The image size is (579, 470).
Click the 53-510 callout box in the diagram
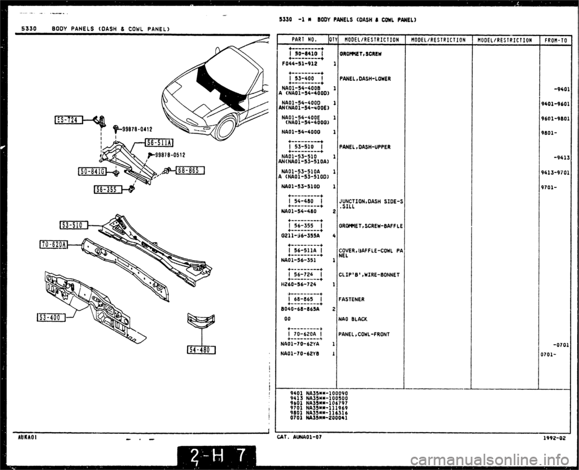coord(74,226)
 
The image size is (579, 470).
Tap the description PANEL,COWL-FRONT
coord(364,334)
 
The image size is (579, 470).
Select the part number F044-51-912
coord(300,63)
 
